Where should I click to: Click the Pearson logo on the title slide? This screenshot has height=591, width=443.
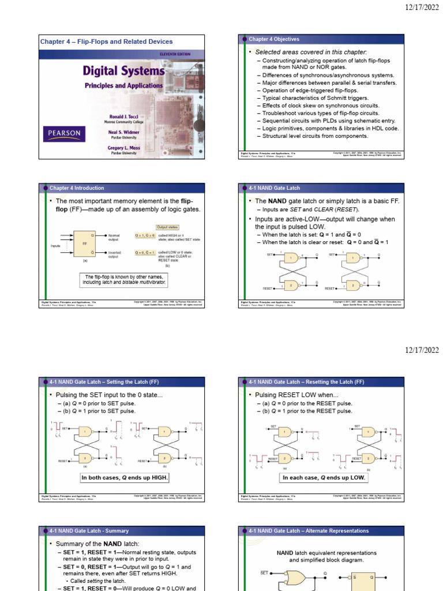(x=63, y=135)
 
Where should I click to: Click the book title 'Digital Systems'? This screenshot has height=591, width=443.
(x=123, y=71)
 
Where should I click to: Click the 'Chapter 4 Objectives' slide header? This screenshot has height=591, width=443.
(x=274, y=39)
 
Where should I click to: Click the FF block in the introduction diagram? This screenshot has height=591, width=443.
(x=84, y=244)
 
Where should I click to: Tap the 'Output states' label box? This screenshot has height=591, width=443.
(x=167, y=227)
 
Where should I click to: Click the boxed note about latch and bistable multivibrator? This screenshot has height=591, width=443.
(x=124, y=280)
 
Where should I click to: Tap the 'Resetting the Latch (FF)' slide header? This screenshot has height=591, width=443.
(x=307, y=381)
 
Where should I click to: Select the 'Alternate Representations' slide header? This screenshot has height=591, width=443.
(x=309, y=530)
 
